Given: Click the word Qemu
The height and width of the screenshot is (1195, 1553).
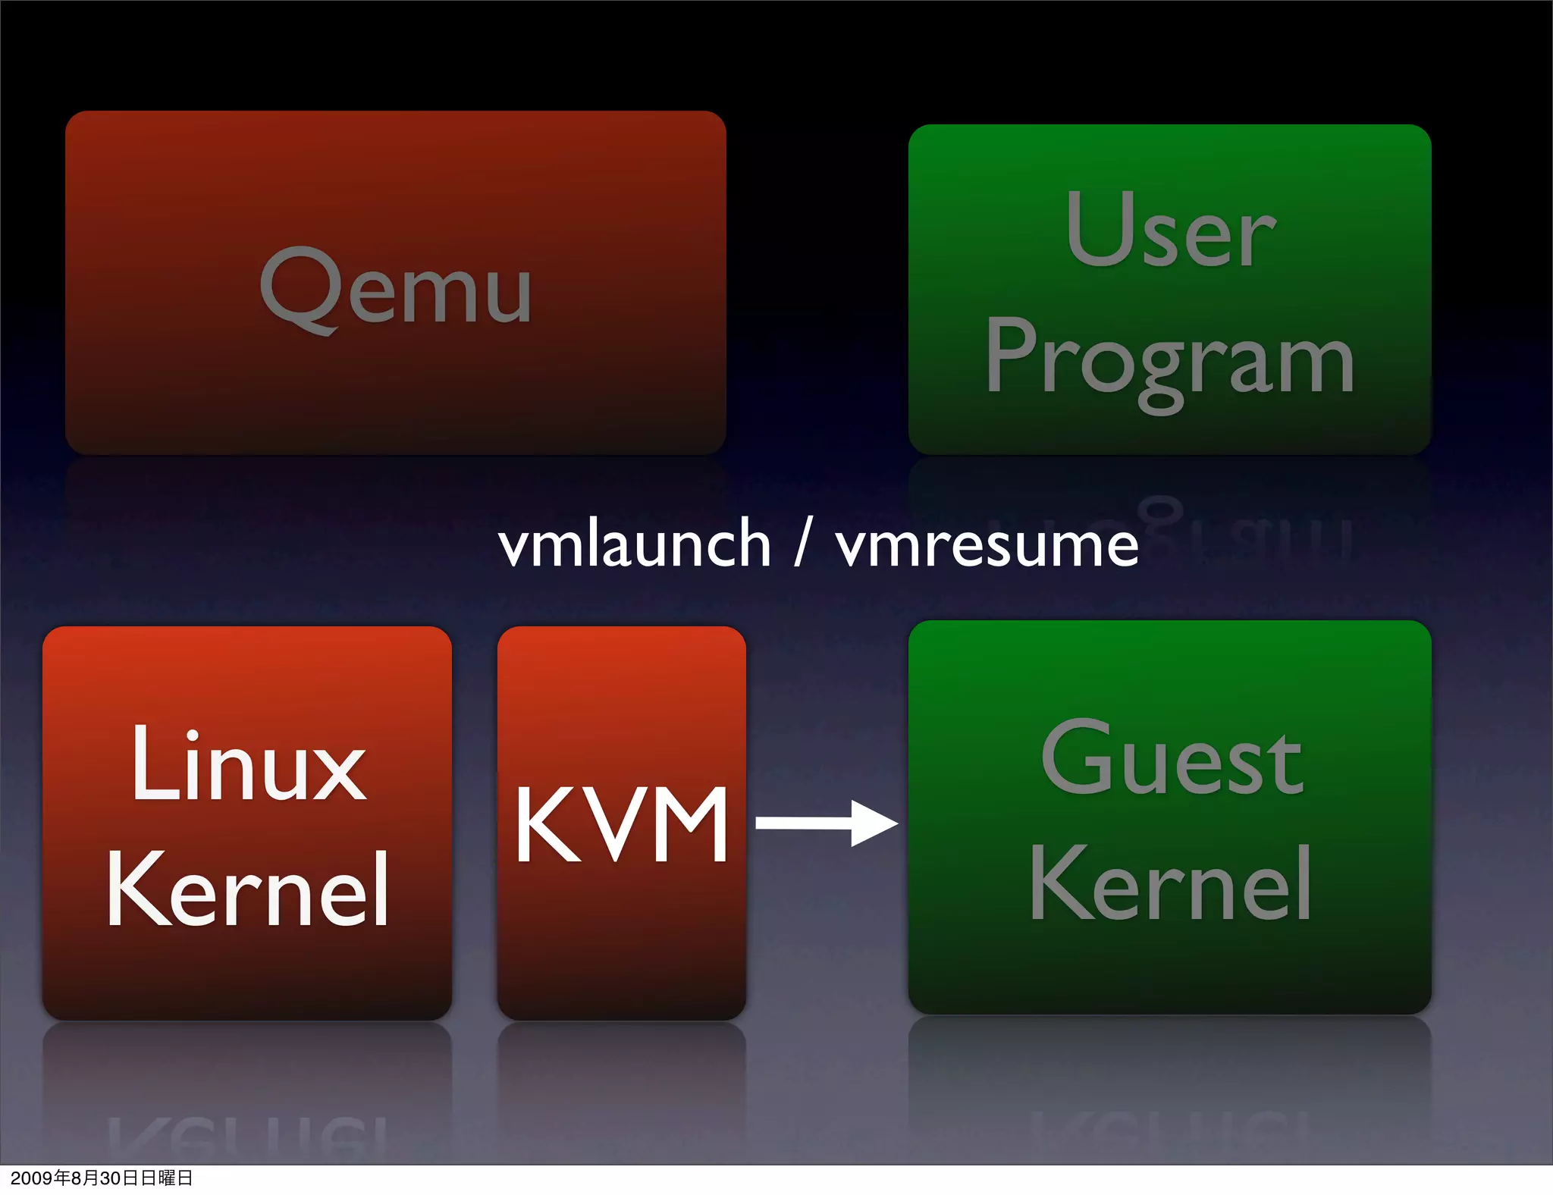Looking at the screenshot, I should (x=395, y=289).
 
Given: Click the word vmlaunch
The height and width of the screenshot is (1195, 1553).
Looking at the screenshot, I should (x=634, y=544).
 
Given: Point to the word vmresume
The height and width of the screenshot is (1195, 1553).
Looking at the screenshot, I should (x=987, y=545).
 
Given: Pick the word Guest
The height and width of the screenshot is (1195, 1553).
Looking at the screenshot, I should (x=1172, y=758).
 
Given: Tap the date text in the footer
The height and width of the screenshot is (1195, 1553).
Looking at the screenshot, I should (x=102, y=1178).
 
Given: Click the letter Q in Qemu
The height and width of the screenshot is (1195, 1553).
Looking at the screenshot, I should (x=298, y=289).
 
